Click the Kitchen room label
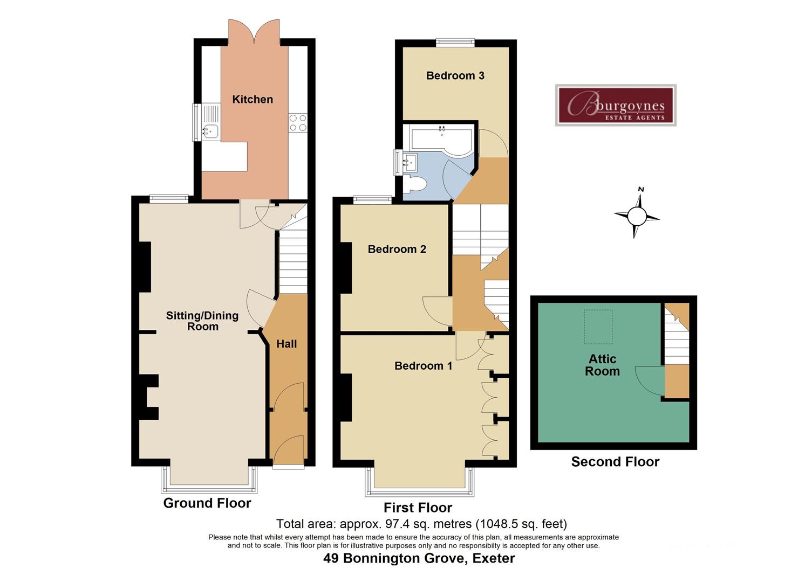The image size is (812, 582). point(252,99)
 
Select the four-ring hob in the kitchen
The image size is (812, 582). point(297,122)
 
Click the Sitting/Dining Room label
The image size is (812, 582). point(202,321)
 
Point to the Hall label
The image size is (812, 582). point(286,344)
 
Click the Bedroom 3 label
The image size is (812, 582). point(455,75)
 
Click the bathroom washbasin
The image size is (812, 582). point(410,161)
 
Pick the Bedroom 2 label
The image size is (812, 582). point(397,249)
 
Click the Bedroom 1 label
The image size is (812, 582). point(423,366)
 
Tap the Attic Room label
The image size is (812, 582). point(602,365)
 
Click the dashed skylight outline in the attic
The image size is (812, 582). point(598,327)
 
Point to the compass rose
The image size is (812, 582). point(637,216)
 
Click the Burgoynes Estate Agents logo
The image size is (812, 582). point(616,105)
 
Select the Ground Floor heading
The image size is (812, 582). point(207,503)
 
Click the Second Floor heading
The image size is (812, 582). point(615,462)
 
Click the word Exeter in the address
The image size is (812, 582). point(493,558)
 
